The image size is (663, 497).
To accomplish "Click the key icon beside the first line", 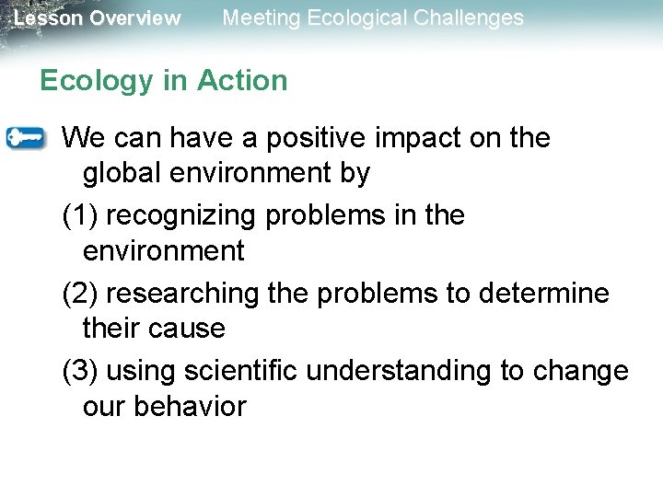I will (25, 138).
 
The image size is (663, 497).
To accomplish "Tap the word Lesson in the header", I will (46, 18).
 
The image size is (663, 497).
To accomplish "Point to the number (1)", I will (80, 216).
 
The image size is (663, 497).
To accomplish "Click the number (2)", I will (80, 294).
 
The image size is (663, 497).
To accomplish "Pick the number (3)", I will (80, 371).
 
